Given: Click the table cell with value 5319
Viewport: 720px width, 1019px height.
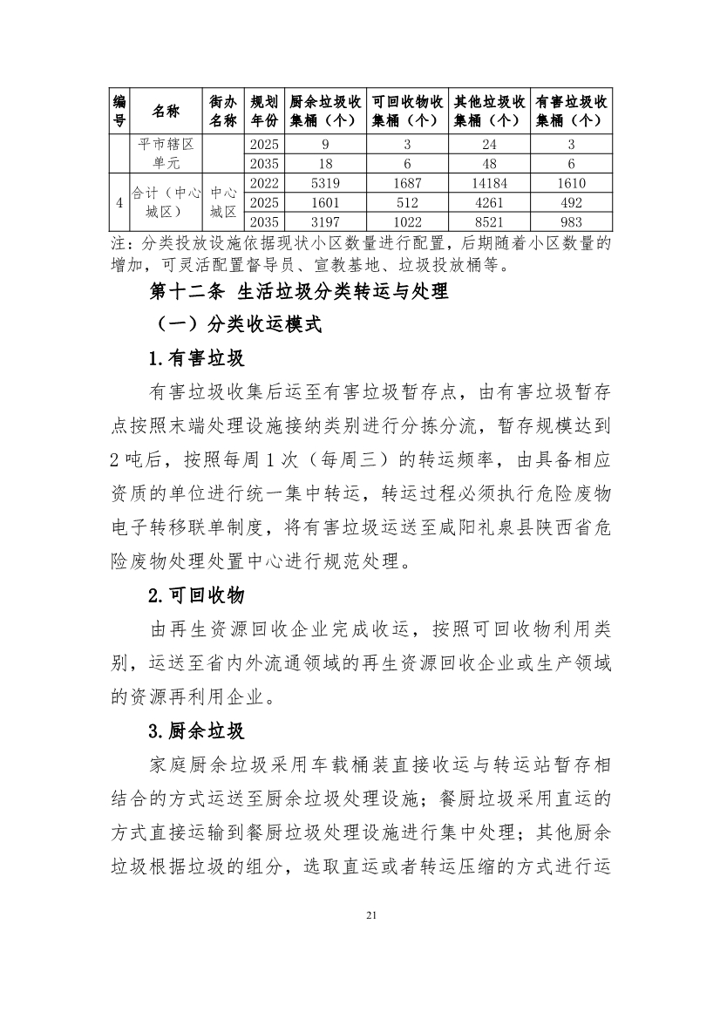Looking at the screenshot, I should pyautogui.click(x=324, y=183).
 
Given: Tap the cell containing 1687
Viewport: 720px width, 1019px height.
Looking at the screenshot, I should pyautogui.click(x=406, y=183).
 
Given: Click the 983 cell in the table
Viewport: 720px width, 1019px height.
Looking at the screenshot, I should pyautogui.click(x=570, y=222).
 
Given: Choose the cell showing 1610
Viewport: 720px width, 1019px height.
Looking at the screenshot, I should pyautogui.click(x=570, y=183).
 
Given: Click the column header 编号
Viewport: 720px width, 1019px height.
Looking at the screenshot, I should pyautogui.click(x=119, y=111).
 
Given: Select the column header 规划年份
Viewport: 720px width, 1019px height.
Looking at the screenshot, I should pyautogui.click(x=263, y=111).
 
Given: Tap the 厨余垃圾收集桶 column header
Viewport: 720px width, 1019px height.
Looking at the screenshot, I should pyautogui.click(x=324, y=111).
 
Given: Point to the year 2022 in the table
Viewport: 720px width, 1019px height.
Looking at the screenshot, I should pyautogui.click(x=263, y=183).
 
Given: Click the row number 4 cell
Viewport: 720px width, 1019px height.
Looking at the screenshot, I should pyautogui.click(x=119, y=202).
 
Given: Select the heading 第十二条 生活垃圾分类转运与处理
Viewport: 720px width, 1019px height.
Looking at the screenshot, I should pyautogui.click(x=299, y=291).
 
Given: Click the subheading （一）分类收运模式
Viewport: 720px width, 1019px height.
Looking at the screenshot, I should pyautogui.click(x=237, y=325).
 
